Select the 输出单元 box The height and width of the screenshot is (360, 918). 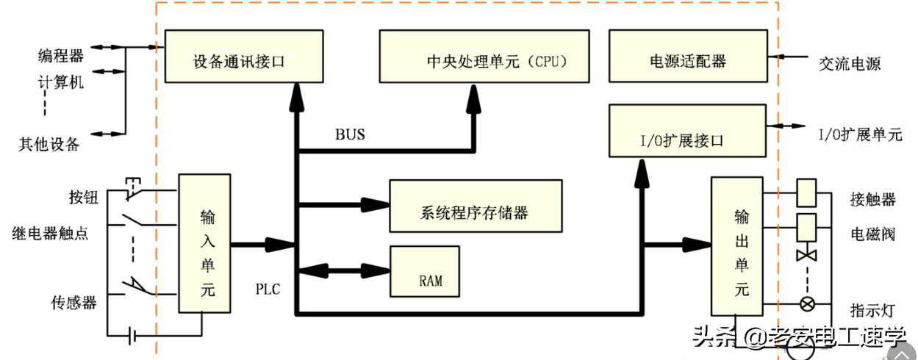tap(736, 246)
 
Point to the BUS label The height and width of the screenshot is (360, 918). tap(350, 134)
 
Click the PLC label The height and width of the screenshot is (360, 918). tap(268, 288)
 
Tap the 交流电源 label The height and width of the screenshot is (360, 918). tap(850, 64)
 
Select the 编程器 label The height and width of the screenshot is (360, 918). tap(61, 55)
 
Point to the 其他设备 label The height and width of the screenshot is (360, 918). tap(49, 145)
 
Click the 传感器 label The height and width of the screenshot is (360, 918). tap(74, 302)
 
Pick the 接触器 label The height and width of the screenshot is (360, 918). tap(873, 199)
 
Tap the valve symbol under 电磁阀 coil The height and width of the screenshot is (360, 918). tap(807, 255)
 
